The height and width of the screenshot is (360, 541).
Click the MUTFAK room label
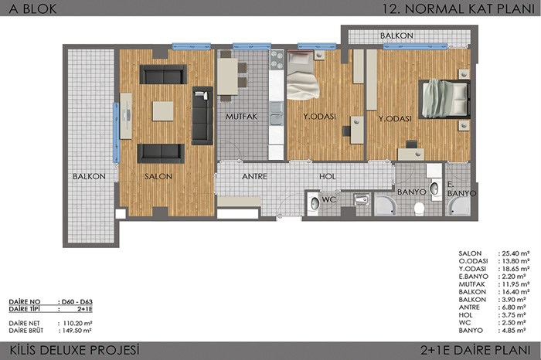[x=241, y=117]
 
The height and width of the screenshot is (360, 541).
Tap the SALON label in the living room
[x=158, y=176]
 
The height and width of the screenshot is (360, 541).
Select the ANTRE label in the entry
[x=254, y=176]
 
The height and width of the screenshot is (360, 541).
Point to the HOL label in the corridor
[x=328, y=176]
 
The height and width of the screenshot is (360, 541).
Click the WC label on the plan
[x=328, y=199]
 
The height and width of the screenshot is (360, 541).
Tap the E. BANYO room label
[x=461, y=189]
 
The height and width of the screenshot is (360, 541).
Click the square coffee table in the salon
[x=163, y=110]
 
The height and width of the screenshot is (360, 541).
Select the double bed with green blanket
[x=444, y=99]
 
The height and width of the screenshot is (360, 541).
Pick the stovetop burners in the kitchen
[x=277, y=60]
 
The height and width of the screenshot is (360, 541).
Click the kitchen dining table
[x=227, y=76]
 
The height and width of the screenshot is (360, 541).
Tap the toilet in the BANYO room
[x=419, y=209]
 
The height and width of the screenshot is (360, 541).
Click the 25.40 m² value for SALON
[x=514, y=253]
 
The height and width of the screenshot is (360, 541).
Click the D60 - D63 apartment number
[x=75, y=302]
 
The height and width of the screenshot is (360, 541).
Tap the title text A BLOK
[x=32, y=8]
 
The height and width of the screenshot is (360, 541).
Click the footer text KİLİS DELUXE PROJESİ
[x=74, y=350]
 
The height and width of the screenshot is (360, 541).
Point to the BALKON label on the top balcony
[x=396, y=36]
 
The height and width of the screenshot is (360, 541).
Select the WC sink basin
[x=315, y=203]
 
